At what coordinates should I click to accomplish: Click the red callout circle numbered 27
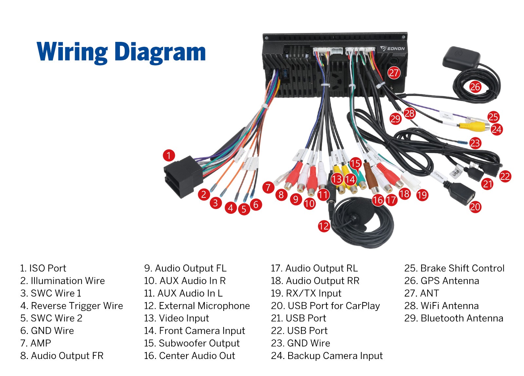click(394, 73)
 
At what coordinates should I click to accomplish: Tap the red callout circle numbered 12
click(324, 226)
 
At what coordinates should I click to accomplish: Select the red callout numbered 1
click(169, 155)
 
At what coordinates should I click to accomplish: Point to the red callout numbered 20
click(475, 207)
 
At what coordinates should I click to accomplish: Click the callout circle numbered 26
click(475, 87)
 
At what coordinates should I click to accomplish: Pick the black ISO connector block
click(180, 177)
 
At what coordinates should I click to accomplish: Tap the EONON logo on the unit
click(393, 49)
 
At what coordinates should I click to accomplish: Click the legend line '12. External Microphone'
click(197, 306)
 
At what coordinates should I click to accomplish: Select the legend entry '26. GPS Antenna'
click(441, 281)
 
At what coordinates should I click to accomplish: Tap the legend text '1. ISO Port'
click(43, 268)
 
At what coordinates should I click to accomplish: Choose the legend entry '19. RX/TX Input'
click(306, 293)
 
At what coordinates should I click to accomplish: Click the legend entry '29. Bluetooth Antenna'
click(454, 318)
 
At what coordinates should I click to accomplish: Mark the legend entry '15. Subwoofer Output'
click(192, 343)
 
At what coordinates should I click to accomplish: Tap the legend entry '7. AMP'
click(36, 343)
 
